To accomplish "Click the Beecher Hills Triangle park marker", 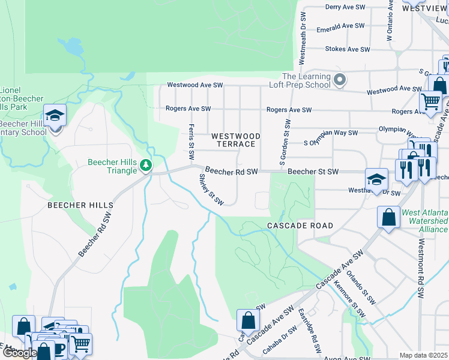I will click(145, 164).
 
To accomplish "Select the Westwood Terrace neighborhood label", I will click(236, 140).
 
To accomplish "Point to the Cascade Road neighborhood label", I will click(300, 226).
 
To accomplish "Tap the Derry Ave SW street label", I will click(345, 7).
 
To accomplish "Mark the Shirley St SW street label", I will click(211, 189).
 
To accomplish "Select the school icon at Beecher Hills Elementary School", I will click(55, 116).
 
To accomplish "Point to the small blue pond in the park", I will click(71, 45).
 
